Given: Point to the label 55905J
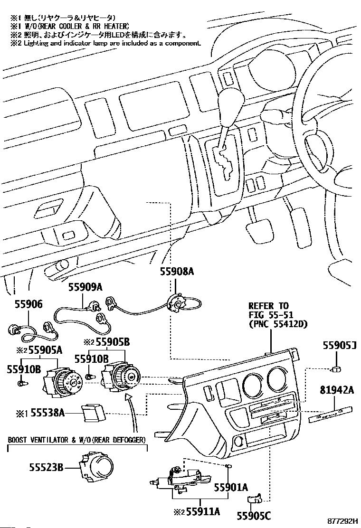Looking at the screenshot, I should (340, 359).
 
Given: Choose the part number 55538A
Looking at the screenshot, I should (47, 413).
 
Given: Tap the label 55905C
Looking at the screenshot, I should (254, 515).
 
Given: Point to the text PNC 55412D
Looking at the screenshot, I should (278, 324).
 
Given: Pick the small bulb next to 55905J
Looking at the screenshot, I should (336, 369).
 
